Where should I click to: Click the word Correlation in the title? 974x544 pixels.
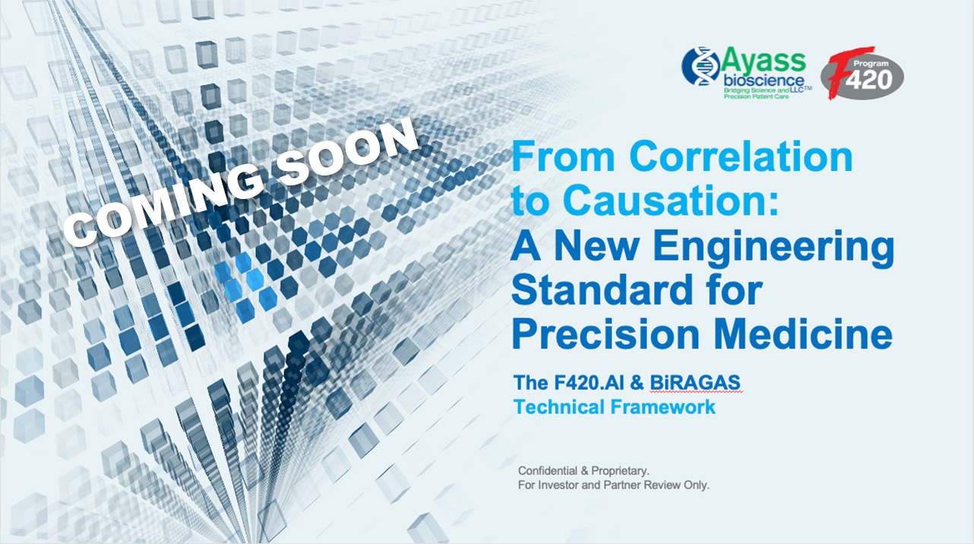pos(741,156)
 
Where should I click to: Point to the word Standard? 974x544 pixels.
pos(602,289)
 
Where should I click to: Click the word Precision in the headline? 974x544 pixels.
pos(606,334)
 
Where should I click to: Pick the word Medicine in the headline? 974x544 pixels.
pos(803,334)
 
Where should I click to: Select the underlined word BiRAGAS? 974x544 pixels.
pos(695,383)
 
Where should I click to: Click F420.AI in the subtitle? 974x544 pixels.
pos(589,383)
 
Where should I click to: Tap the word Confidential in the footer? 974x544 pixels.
pos(548,470)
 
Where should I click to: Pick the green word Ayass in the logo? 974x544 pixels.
pos(763,61)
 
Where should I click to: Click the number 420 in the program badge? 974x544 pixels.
pos(868,79)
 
